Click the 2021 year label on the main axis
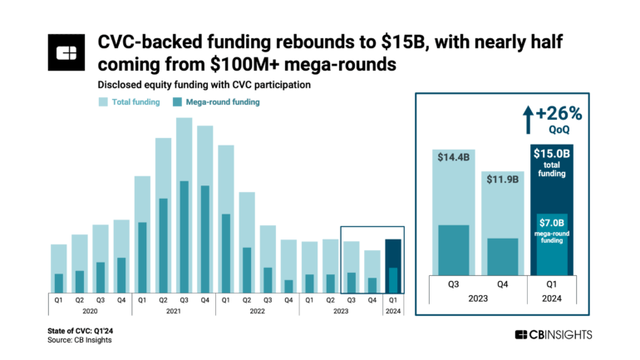[173, 312]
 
